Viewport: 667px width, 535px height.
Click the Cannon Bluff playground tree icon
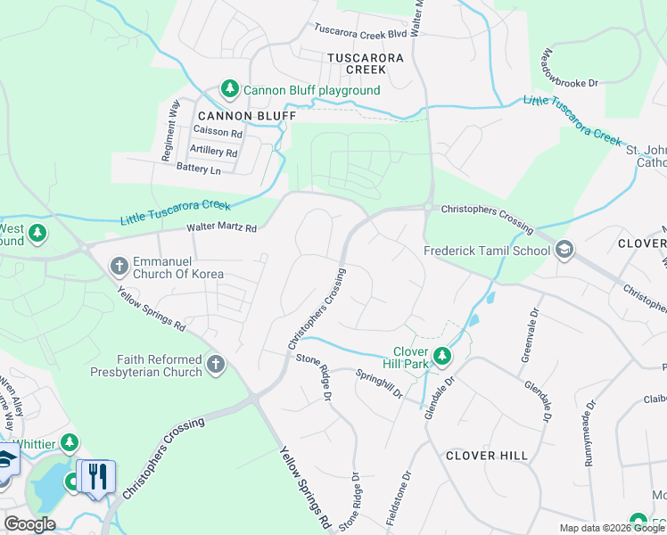[x=230, y=89]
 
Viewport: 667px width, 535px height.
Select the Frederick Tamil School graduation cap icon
[x=564, y=250]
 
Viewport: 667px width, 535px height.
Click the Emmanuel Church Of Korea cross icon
[x=119, y=266]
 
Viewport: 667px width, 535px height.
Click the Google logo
[x=29, y=524]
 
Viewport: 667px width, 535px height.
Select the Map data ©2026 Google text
[x=611, y=528]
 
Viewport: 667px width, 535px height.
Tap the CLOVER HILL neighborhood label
[x=487, y=456]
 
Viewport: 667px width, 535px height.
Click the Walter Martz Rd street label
[x=221, y=228]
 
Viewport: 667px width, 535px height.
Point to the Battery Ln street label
[x=198, y=169]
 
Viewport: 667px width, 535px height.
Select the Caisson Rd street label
[x=218, y=133]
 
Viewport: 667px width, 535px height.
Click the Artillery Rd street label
[x=214, y=152]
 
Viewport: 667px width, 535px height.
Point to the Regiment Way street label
[x=169, y=130]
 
